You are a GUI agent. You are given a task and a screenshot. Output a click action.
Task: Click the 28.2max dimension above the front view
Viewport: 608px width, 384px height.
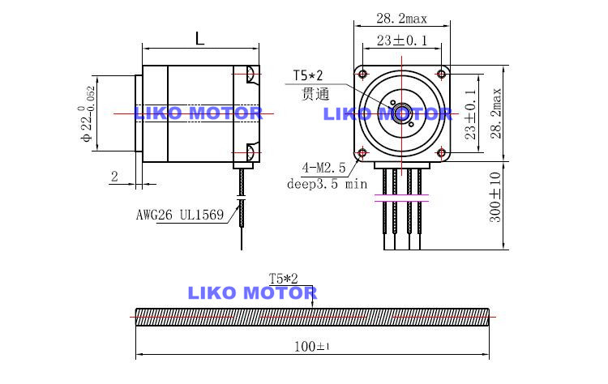coord(402,19)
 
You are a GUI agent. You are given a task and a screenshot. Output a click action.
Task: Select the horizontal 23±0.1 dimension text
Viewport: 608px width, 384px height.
coord(402,40)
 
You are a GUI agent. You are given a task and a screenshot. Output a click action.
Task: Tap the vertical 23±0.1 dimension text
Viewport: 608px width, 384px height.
coord(470,115)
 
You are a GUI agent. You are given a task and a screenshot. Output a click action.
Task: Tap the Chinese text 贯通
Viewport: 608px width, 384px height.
coord(315,93)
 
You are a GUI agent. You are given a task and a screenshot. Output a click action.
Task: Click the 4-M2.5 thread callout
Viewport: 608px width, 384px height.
coord(323,169)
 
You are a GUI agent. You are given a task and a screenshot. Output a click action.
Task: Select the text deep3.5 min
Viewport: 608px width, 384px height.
coord(328,184)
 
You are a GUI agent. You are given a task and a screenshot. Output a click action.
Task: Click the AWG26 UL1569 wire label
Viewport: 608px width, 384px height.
coord(180,216)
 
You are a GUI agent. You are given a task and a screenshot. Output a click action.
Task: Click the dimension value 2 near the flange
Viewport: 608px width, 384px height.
coord(114,176)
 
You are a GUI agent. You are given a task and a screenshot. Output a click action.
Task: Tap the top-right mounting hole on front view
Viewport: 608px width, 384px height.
coord(441,66)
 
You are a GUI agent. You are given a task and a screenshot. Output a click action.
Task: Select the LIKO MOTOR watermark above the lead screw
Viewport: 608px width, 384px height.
coord(252,292)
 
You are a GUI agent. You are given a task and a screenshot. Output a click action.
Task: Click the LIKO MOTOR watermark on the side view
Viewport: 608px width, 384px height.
coord(198,113)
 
